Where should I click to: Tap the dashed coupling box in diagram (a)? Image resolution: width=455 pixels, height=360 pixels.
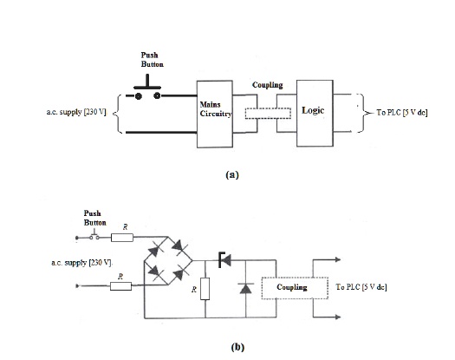click(x=267, y=113)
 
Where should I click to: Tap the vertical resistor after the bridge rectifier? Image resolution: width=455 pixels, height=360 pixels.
click(x=205, y=286)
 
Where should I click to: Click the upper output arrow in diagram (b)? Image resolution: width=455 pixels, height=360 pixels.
click(x=335, y=260)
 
